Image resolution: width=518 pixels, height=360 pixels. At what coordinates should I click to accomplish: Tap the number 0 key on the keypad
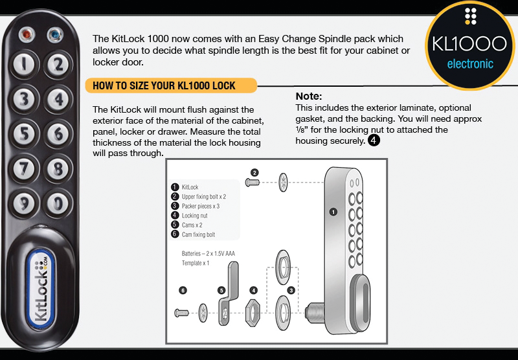point(58,203)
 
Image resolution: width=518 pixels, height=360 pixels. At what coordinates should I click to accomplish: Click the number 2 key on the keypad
point(58,64)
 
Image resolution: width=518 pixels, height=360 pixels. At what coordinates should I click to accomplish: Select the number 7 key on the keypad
point(24,169)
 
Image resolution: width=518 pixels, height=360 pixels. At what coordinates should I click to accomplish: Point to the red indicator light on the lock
point(27,35)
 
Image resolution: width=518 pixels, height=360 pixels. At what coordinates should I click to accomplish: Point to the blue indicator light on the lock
point(55,35)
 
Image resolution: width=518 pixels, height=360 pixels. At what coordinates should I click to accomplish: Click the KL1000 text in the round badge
point(469,43)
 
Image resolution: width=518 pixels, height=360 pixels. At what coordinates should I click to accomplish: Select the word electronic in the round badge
point(470,63)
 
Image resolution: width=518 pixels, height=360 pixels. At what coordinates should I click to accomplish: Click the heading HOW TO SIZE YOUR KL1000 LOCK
point(164,86)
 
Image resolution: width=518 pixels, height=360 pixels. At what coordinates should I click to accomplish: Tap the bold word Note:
point(309,96)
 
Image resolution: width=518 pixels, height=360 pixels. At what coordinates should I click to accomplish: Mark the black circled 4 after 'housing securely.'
point(374,141)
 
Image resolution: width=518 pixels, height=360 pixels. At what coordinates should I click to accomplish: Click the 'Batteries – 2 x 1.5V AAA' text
point(208,254)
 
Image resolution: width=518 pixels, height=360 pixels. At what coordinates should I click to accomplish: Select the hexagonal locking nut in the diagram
point(253,313)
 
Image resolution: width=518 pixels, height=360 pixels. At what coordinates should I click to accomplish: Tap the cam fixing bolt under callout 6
point(181,313)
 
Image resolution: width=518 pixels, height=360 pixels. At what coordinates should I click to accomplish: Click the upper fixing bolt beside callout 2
point(253,182)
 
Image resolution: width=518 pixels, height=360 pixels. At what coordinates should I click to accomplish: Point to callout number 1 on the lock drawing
point(333,212)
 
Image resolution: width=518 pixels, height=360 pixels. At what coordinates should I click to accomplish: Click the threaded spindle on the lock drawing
point(314,312)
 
